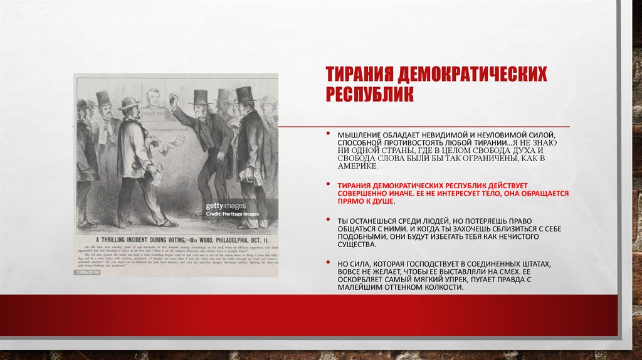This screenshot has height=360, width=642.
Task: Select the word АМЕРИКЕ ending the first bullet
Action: click(358, 167)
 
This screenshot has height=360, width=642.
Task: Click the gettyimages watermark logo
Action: click(226, 206)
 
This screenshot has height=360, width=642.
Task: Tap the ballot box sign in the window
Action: click(152, 117)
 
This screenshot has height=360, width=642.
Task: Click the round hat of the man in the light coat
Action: click(128, 103)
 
